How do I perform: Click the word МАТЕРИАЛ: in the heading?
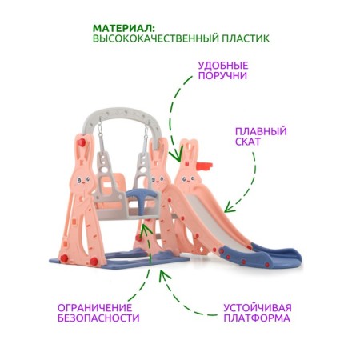(124, 28)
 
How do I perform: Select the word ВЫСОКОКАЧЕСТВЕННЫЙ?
(156, 38)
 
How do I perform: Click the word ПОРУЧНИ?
(222, 76)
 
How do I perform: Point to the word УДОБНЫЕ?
(223, 66)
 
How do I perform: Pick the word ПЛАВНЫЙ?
(261, 131)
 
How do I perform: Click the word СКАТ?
(248, 142)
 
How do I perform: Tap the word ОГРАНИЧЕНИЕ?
(95, 308)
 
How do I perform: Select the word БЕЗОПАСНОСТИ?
(98, 318)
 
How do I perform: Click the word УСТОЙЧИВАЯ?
(258, 308)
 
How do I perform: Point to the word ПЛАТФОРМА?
(257, 318)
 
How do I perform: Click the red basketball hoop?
(205, 166)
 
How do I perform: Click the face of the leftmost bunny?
(83, 180)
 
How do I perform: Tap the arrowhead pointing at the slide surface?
(228, 208)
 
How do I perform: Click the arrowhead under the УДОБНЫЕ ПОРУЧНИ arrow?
(176, 157)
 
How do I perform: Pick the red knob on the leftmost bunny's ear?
(82, 142)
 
